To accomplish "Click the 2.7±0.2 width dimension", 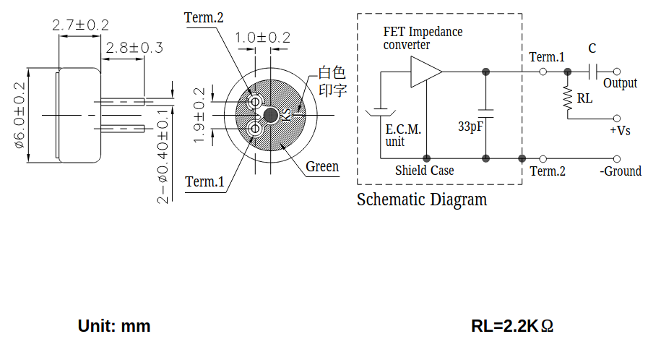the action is (x=81, y=25).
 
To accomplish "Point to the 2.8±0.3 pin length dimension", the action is (x=134, y=48).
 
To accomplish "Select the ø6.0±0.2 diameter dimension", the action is (x=20, y=115).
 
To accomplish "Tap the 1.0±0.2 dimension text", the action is (x=263, y=38).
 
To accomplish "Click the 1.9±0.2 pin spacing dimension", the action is (x=199, y=115).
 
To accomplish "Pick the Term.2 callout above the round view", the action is (x=204, y=18).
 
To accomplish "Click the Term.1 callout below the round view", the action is (x=204, y=181).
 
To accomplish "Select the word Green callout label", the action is (x=322, y=166).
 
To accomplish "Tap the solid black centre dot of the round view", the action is (x=271, y=116).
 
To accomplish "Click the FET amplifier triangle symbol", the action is (x=425, y=72).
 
